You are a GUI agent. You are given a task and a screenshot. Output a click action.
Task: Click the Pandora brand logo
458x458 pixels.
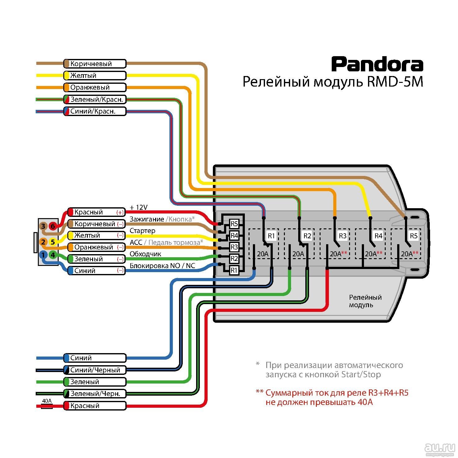[377, 64]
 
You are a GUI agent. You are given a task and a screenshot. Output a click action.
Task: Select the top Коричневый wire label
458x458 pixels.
[95, 64]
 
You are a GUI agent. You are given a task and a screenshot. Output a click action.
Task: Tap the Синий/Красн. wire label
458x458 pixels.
[95, 111]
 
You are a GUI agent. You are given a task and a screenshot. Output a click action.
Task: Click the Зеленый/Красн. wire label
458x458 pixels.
[95, 100]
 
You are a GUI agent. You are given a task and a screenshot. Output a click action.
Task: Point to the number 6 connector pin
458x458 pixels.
[53, 226]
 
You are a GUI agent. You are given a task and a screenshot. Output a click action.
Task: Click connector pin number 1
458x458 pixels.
[43, 255]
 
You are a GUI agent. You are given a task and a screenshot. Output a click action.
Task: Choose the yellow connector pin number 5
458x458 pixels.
[53, 242]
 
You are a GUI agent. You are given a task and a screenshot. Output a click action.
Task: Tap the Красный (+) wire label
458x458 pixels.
[96, 212]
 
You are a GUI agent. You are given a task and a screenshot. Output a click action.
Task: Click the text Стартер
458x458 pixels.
[142, 231]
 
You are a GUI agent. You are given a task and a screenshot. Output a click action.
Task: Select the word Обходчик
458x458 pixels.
[145, 254]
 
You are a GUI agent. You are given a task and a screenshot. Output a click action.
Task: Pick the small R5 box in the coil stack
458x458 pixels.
[234, 223]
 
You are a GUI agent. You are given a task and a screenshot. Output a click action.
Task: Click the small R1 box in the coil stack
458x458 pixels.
[234, 270]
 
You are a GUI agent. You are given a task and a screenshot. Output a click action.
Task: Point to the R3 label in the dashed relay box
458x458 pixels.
[343, 236]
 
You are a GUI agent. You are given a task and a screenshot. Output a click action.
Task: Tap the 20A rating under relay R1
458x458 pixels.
[263, 254]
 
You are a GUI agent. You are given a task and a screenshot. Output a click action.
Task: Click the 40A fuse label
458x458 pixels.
[47, 401]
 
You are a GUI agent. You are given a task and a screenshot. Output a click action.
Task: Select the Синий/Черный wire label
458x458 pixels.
[95, 370]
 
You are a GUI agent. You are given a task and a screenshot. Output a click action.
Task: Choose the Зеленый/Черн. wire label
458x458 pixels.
[95, 394]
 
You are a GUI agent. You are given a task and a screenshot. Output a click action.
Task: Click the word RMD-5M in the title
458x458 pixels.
[395, 82]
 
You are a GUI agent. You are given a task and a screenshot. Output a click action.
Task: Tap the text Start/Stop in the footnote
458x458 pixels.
[361, 375]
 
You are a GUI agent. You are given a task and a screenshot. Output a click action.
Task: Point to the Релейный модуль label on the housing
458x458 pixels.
[365, 301]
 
